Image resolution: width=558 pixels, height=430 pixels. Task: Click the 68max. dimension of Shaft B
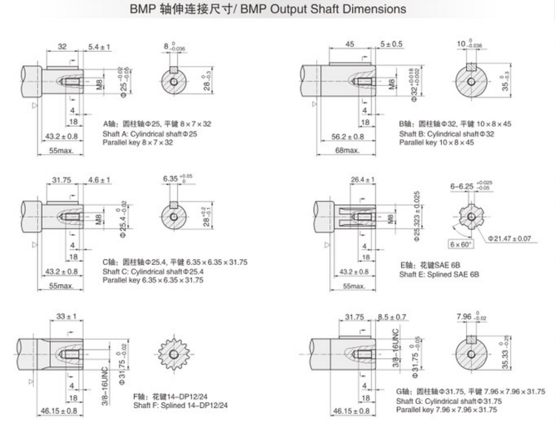point(326,151)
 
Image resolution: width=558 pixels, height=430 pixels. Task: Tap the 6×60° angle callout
point(459,243)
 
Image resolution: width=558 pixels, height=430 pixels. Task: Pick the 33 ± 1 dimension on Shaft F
point(67,317)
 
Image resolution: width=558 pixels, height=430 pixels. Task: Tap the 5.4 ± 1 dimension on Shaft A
point(99,47)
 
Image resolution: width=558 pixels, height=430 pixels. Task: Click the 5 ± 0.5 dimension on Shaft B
point(391,44)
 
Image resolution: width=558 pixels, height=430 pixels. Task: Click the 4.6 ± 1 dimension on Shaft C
point(98,180)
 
